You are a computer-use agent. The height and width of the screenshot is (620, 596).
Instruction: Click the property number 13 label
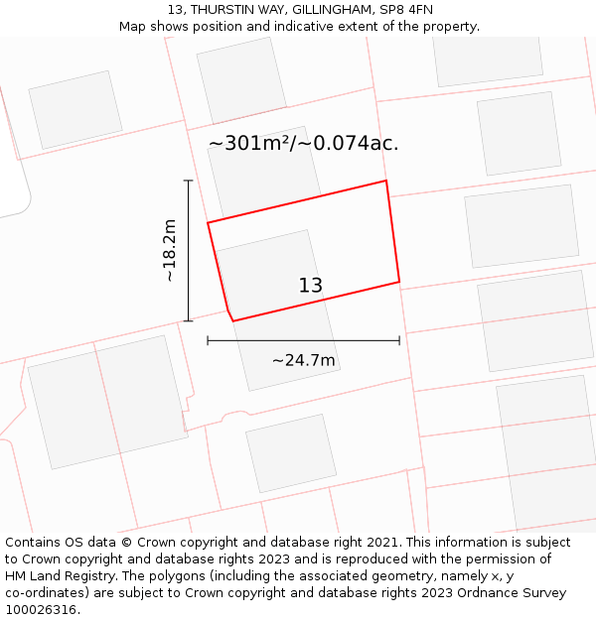tap(310, 286)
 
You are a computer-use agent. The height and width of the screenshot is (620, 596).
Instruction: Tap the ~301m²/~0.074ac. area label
tap(303, 143)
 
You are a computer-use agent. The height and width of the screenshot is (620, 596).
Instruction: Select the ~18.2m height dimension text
tap(170, 251)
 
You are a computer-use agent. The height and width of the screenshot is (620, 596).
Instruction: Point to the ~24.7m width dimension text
tap(303, 360)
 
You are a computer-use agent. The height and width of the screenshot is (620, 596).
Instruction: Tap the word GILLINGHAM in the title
tap(321, 9)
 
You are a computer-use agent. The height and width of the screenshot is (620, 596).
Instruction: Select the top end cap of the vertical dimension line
tap(188, 181)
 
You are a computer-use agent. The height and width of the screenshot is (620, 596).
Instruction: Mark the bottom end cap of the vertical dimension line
tap(188, 320)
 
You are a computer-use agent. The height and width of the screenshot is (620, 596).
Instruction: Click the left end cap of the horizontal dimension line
tap(208, 340)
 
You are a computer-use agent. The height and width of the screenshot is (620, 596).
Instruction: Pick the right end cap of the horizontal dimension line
tap(399, 340)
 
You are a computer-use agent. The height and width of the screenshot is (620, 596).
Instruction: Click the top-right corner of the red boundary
tap(385, 181)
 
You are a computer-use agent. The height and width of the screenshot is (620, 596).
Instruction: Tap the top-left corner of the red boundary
tap(208, 222)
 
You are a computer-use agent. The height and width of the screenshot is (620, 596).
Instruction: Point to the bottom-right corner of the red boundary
tap(399, 282)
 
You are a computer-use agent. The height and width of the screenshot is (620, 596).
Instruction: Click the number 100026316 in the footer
tap(39, 610)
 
